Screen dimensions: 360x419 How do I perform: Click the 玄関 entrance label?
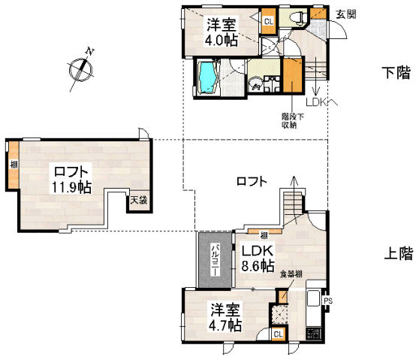pyautogui.click(x=345, y=14)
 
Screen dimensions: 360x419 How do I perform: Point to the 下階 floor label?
pyautogui.click(x=396, y=73)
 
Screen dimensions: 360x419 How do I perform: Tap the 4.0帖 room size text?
pyautogui.click(x=222, y=40)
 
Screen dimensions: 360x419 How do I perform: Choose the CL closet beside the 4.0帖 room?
pyautogui.click(x=268, y=21)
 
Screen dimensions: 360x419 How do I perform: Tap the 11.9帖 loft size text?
pyautogui.click(x=71, y=187)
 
